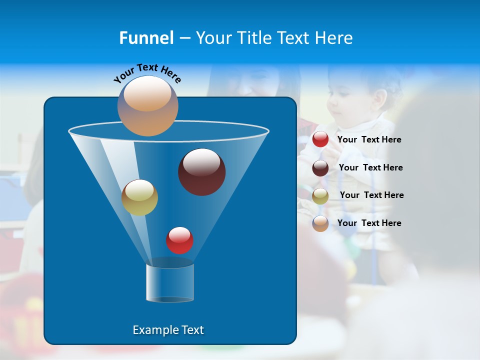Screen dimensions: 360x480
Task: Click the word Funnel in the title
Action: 146,37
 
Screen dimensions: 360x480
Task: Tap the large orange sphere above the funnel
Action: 148,105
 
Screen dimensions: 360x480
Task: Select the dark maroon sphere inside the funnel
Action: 202,171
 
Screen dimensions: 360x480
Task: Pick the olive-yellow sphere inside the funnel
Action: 139,197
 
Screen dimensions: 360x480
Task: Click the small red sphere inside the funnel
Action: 179,240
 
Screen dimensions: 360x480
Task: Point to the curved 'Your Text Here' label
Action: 147,73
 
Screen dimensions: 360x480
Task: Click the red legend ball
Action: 320,139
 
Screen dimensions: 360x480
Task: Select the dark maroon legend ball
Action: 320,168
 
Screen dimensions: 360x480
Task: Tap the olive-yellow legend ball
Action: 320,196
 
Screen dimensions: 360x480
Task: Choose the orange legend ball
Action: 320,223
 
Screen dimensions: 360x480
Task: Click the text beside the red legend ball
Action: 369,139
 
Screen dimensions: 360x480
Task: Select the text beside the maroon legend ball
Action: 370,167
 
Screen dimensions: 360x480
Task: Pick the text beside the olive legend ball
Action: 371,195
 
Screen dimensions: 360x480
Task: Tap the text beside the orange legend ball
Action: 369,223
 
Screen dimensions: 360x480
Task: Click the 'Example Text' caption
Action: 168,330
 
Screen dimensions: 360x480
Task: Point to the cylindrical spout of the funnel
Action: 170,282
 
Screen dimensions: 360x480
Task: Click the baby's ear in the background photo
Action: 381,96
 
